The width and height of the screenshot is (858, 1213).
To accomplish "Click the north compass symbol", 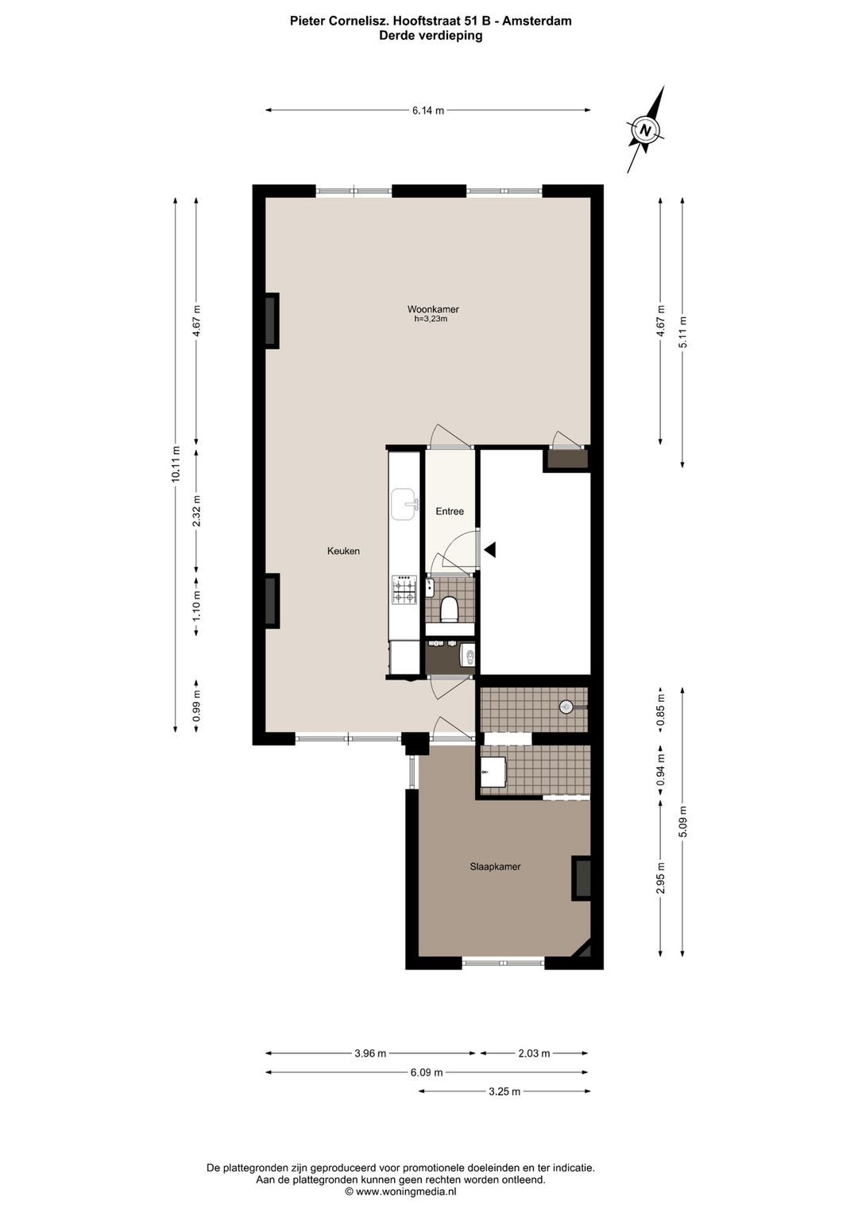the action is click(645, 130).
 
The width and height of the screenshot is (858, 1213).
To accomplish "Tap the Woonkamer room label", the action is click(433, 309).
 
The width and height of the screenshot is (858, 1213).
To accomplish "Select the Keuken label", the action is click(343, 552).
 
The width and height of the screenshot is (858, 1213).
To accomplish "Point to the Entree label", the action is click(450, 511).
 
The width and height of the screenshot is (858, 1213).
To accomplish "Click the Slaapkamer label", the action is click(495, 866).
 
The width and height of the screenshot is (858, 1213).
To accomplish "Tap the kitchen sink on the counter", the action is click(404, 504).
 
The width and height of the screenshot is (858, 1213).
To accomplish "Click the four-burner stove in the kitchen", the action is click(404, 589).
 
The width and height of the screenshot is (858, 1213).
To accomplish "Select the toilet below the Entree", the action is click(450, 609).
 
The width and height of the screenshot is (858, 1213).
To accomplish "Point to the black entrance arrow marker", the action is click(490, 550).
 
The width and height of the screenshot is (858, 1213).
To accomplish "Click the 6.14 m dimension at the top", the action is click(427, 110).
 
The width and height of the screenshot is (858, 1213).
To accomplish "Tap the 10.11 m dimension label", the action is click(175, 464).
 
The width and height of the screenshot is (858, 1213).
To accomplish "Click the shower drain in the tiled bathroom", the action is click(566, 706).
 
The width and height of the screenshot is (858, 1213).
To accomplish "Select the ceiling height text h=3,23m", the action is click(431, 320).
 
